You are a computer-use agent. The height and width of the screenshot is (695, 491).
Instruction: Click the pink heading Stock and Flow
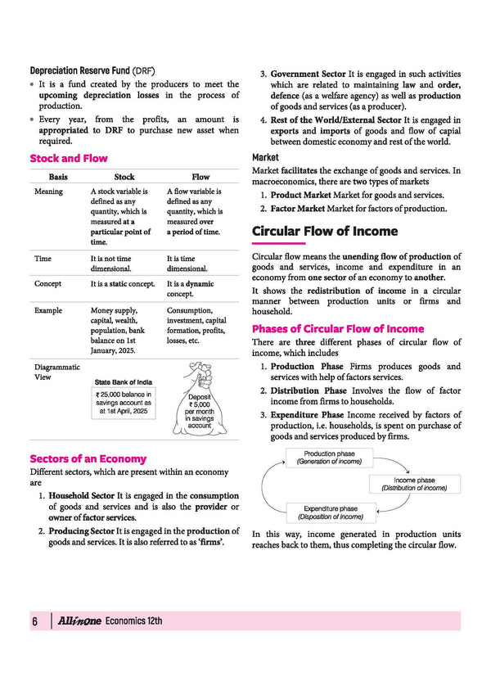pos(69,158)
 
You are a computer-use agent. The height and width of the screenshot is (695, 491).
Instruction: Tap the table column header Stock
pos(124,176)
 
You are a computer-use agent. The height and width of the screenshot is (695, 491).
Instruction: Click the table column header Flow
pos(200,176)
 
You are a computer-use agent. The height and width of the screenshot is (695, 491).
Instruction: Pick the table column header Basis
pos(58,176)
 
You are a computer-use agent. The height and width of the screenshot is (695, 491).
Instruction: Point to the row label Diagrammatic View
pos(57,372)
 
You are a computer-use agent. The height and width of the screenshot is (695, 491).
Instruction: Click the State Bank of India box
pos(124,399)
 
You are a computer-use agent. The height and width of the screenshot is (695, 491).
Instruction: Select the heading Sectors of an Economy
pos(88,458)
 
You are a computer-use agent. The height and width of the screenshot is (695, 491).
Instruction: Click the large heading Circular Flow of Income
pos(325,231)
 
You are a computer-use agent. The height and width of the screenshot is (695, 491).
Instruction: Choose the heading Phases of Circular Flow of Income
pos(338,329)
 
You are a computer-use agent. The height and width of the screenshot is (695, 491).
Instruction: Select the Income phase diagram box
pos(414,484)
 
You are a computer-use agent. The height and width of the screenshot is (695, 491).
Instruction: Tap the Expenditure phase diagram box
pos(330,512)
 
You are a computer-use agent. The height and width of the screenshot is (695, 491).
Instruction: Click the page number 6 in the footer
pos(35,621)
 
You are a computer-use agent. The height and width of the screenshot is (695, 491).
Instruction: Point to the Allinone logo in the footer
pos(79,621)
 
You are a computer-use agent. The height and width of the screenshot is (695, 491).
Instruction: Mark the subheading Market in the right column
pos(265,157)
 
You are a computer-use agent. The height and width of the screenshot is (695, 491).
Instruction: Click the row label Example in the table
pos(48,311)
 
